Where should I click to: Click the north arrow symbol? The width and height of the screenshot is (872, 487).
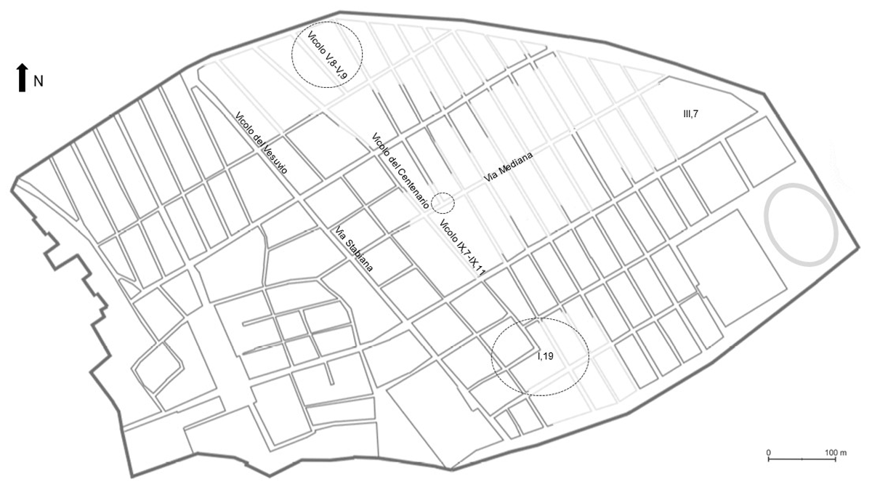(x=23, y=77)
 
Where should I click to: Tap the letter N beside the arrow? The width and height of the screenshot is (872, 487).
(x=39, y=81)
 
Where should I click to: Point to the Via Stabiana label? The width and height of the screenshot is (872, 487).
(x=354, y=250)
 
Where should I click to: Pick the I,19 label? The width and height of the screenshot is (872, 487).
(x=545, y=355)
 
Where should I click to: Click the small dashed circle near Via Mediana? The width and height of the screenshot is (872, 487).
(x=443, y=203)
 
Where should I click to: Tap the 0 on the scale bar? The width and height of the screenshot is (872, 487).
(x=769, y=452)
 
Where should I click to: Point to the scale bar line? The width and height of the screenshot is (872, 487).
(x=802, y=459)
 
